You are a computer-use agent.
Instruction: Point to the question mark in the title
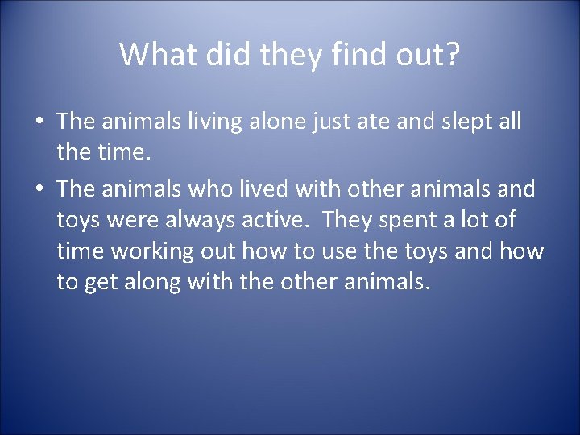click(x=452, y=55)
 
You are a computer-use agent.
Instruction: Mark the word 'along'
click(x=154, y=283)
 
